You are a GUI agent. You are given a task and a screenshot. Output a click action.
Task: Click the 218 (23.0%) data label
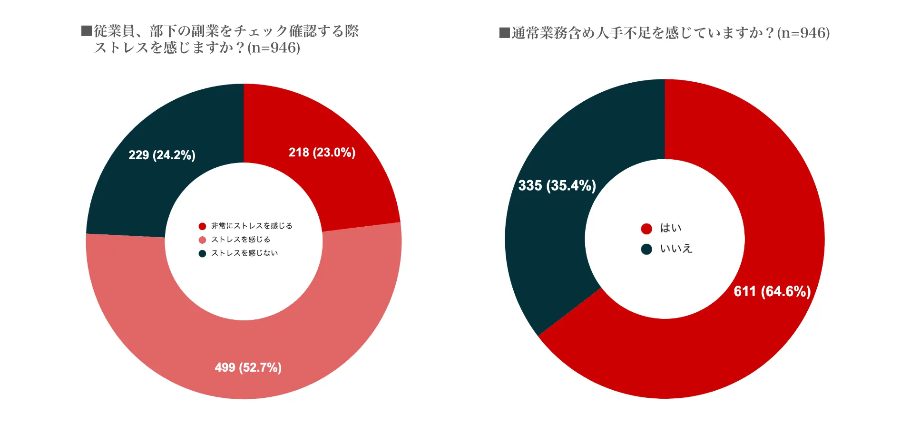pos(322,153)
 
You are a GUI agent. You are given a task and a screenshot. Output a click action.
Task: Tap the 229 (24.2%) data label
pos(162,155)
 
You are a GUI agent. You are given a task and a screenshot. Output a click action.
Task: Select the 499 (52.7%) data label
pos(248,367)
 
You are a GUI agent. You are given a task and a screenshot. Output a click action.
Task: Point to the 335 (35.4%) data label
pos(557,185)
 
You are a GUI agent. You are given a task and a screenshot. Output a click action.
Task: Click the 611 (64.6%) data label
pos(772,291)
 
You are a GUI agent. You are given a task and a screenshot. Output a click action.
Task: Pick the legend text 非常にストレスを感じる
pos(252,226)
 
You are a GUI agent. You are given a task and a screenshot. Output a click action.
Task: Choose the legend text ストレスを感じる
pos(241,239)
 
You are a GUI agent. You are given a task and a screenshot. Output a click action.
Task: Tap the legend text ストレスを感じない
pos(245,253)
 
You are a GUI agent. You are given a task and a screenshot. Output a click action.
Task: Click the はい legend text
pos(671,228)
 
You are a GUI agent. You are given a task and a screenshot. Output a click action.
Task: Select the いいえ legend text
pos(676,249)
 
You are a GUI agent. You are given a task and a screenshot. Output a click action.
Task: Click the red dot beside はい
pos(646,229)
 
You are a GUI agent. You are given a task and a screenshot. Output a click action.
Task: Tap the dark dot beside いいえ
pos(646,249)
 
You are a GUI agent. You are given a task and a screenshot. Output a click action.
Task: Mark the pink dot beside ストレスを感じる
pos(202,240)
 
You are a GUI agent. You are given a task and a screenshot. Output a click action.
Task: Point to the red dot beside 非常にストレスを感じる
pos(202,226)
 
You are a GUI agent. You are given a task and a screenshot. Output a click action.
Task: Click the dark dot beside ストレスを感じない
pos(202,253)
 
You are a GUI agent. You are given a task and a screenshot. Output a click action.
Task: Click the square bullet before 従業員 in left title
pos(86,31)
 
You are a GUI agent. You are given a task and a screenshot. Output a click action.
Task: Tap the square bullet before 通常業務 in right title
pos(504,33)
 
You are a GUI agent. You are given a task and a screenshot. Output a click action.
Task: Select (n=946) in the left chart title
pos(274,48)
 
